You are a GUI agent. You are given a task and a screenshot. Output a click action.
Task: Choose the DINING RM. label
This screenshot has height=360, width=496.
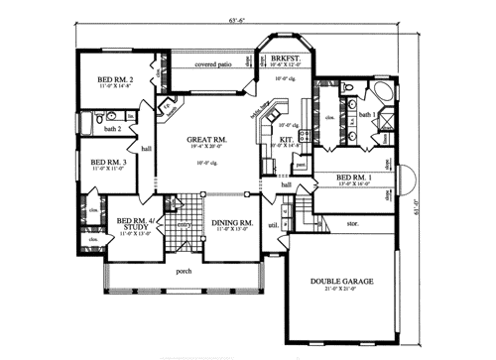pyautogui.click(x=232, y=223)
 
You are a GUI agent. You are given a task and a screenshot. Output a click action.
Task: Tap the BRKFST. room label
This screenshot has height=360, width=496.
pyautogui.click(x=285, y=59)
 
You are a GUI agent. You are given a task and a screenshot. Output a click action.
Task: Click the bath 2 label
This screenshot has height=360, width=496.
pyautogui.click(x=112, y=129)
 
